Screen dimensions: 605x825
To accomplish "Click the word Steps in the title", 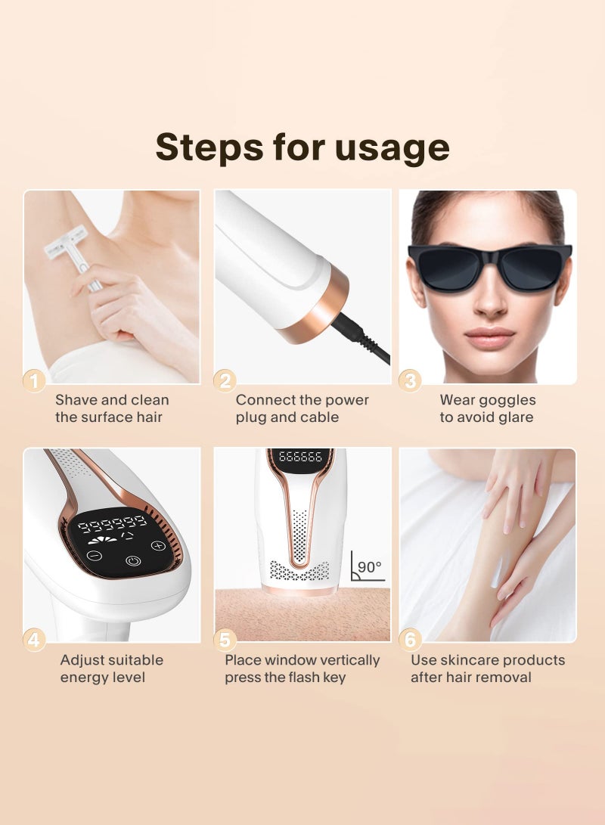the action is pos(209,148).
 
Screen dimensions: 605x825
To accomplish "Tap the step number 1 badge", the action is pos(34,380).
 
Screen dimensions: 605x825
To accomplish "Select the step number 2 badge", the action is pos(225,380).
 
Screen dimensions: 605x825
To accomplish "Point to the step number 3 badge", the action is pos(410,380).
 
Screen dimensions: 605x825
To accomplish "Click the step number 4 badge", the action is pos(34,640).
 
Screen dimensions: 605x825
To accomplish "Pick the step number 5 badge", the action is pos(225,640).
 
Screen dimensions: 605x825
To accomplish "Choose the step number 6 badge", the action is pos(410,640).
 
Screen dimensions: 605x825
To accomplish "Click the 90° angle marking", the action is pos(368,567).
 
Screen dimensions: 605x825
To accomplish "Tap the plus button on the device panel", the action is pos(158,545).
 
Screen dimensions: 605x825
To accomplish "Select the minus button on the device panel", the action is pos(95,555).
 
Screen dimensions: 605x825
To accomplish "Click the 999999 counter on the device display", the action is pos(113,523).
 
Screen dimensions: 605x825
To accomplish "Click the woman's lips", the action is pos(489,337).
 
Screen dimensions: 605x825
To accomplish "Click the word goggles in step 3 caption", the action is pos(507,401).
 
